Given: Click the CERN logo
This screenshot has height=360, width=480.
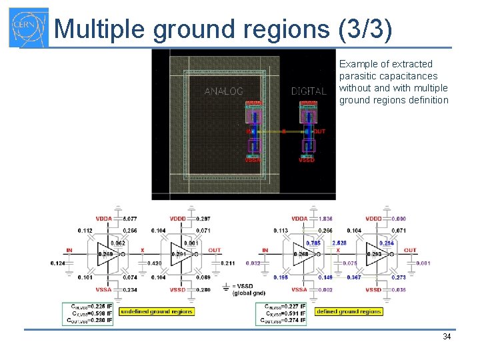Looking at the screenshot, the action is (x=28, y=28).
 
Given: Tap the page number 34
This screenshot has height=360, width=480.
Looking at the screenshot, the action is (x=447, y=337).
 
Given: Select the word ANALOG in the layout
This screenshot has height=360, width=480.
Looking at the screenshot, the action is (x=223, y=91).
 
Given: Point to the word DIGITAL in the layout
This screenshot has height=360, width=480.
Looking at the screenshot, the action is (x=309, y=91).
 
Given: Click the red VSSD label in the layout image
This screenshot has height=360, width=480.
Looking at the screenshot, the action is (x=307, y=160).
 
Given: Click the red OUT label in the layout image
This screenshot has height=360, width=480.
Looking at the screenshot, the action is (x=320, y=131).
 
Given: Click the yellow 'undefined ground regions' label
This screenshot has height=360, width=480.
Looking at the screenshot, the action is (x=157, y=311).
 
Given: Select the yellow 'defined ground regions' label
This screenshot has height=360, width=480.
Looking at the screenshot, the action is (x=349, y=311).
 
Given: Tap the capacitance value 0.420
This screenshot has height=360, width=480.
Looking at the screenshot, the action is (x=155, y=263).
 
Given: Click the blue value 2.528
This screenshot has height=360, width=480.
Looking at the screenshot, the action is (x=339, y=243).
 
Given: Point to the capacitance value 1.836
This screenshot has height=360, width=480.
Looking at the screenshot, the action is (x=326, y=219).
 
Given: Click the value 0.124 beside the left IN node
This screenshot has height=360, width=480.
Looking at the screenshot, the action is (x=58, y=263).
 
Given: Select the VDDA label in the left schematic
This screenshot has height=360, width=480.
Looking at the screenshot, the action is (x=104, y=219).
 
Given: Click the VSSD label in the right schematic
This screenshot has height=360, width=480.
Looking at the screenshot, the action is (x=374, y=290).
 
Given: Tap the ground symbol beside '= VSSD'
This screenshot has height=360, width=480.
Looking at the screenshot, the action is (x=226, y=287).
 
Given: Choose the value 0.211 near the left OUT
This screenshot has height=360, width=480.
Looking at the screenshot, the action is (x=228, y=263).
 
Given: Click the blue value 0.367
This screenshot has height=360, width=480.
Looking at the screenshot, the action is (x=353, y=277).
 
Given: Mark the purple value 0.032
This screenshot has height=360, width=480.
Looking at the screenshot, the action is (x=253, y=263).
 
